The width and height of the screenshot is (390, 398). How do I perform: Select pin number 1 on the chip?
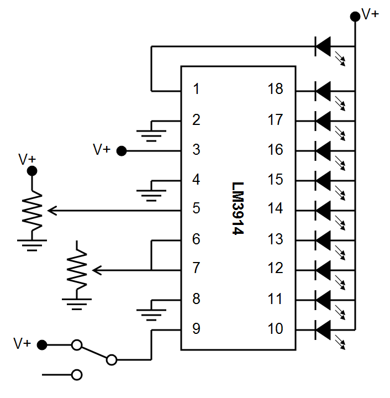tap(197, 90)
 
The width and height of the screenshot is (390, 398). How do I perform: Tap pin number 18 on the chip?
tap(275, 90)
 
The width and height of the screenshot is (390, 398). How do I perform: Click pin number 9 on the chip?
tap(197, 329)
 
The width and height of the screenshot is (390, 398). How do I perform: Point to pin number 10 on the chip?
tap(275, 329)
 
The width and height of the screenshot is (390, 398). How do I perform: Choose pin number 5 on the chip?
tap(197, 209)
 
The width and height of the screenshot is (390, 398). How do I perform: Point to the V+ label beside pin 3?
tap(102, 149)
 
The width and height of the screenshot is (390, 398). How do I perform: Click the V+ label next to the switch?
tap(22, 344)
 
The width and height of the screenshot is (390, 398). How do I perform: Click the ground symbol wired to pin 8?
tap(151, 311)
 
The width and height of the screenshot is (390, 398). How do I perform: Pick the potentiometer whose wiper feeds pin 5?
tap(32, 211)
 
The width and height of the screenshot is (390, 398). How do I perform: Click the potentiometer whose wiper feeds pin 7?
tap(77, 270)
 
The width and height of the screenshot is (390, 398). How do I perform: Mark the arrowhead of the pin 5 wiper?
tap(52, 210)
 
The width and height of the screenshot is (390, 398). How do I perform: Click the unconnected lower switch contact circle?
tap(77, 375)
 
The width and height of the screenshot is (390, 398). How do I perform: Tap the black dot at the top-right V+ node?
tap(355, 16)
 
